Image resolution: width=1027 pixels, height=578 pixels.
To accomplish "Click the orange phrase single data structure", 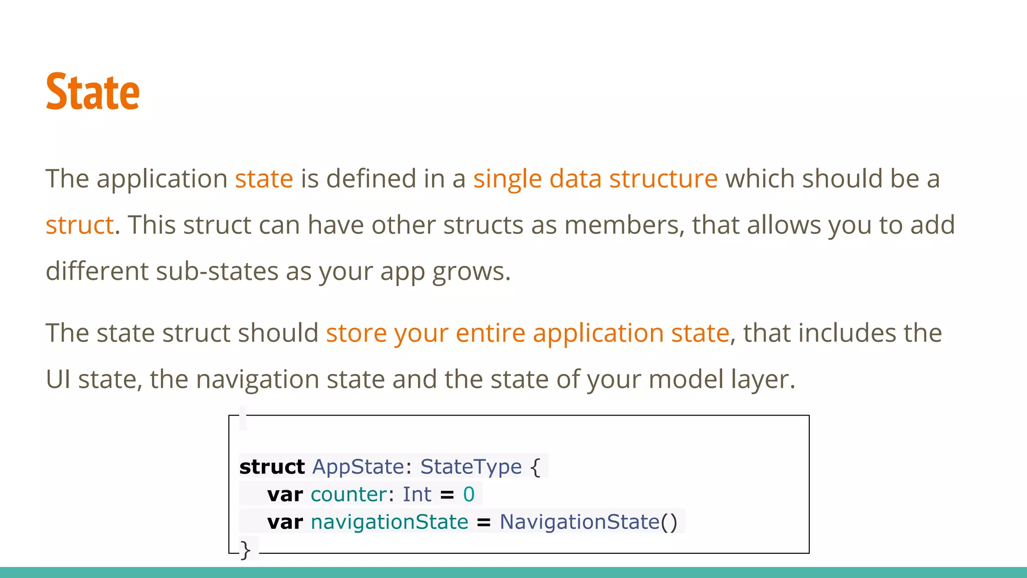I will point(595,179).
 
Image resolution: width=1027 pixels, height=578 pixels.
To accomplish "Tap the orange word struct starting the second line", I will point(80,225).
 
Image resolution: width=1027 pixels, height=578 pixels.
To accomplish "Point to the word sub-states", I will point(218,271).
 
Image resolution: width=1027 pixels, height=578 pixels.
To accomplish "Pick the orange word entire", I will point(490,333).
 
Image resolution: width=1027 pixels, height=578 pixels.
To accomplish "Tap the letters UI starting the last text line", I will point(58,379).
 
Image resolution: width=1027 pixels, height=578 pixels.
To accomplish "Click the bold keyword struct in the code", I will point(272,467).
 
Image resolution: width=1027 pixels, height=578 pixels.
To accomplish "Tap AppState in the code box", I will point(358,467).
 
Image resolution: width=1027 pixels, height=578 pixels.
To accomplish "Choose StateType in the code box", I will point(470,467).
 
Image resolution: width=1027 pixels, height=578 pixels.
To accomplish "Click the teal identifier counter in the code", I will point(349,495).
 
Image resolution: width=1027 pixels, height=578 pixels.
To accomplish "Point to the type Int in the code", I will point(417,495).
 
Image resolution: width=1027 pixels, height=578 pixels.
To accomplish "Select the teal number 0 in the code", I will point(468,495).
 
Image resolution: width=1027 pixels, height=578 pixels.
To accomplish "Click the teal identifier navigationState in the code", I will point(389,522).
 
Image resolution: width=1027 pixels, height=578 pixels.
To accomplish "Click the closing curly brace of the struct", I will point(245,550).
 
